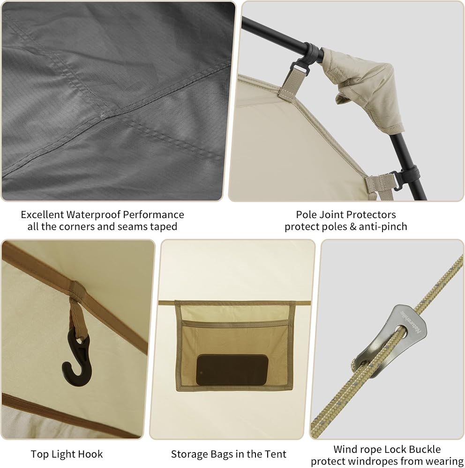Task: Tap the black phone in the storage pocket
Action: (x=232, y=370)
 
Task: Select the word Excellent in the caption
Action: (x=42, y=215)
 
